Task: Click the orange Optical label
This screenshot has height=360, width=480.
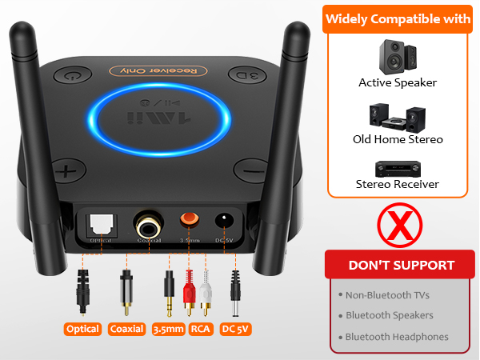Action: [x=83, y=329]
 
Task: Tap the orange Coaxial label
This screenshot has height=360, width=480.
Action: [x=126, y=329]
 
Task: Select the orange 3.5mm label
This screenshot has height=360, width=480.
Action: [x=168, y=329]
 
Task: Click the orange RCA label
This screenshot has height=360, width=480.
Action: [x=200, y=329]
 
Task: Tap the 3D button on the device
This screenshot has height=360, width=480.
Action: [x=242, y=74]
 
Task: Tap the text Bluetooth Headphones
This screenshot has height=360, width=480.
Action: [x=398, y=337]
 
